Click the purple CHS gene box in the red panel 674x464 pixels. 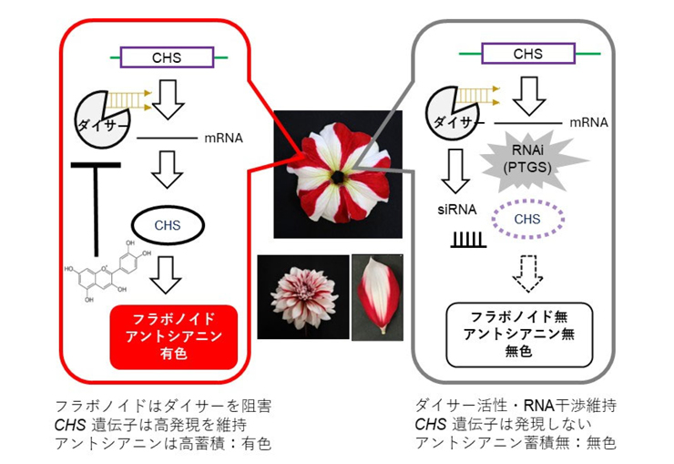pos(167,57)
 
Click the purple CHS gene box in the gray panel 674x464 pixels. pos(527,54)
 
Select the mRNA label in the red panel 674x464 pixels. pos(226,139)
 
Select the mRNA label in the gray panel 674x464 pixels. pos(588,121)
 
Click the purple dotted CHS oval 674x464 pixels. pos(527,219)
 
